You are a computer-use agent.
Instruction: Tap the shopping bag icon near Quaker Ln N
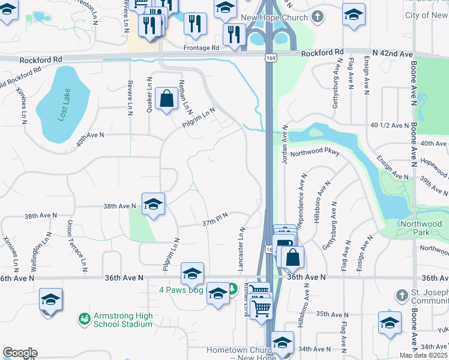(166, 99)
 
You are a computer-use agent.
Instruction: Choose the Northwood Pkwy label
(315, 154)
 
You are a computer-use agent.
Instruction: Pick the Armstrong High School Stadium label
(122, 320)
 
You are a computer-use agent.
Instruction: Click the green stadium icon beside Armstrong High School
(85, 317)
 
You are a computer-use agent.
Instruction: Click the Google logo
(20, 353)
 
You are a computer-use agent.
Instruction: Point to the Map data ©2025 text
(423, 355)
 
